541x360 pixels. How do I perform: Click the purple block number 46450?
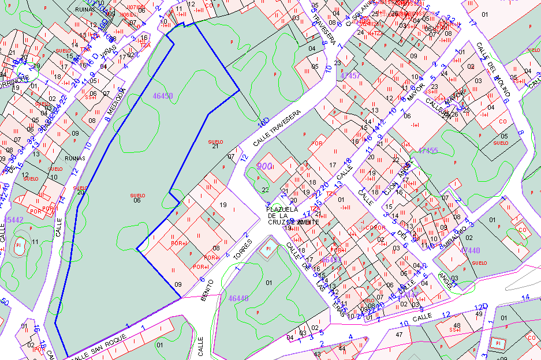pos(162,96)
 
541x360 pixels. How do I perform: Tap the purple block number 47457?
pos(350,76)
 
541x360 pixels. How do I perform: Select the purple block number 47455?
pos(428,151)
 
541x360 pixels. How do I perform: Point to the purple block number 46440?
pos(238,298)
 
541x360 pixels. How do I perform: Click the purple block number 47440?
pos(470,250)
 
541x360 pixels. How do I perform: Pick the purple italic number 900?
pos(264,166)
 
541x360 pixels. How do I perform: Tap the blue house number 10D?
pos(264,122)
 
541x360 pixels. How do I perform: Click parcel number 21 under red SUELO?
pos(215,147)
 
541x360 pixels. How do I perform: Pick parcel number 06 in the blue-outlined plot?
pos(137,200)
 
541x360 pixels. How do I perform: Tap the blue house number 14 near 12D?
pos(525,297)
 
